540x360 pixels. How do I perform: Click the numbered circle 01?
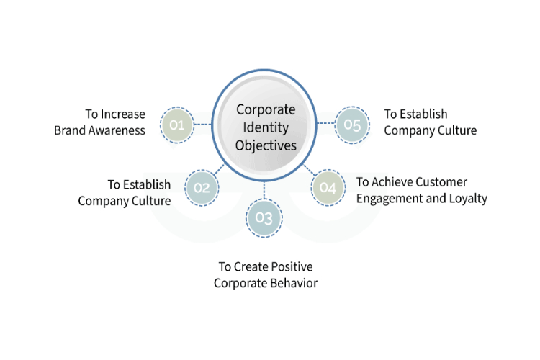tap(176, 125)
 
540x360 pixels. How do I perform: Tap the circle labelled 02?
tap(202, 188)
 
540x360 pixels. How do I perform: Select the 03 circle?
tap(264, 217)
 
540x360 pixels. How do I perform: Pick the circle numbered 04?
tap(328, 188)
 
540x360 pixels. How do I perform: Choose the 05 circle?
tap(352, 125)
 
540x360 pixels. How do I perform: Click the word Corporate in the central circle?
tap(266, 110)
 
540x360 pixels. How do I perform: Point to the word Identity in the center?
tap(266, 128)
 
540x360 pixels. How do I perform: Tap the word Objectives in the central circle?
tap(266, 145)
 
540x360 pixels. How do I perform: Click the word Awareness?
tap(117, 130)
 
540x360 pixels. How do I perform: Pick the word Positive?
tap(292, 266)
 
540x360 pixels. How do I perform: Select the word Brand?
tap(70, 130)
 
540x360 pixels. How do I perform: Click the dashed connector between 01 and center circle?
tap(203, 125)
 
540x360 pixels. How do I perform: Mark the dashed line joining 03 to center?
tap(264, 190)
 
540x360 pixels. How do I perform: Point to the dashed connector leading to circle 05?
tap(325, 123)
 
